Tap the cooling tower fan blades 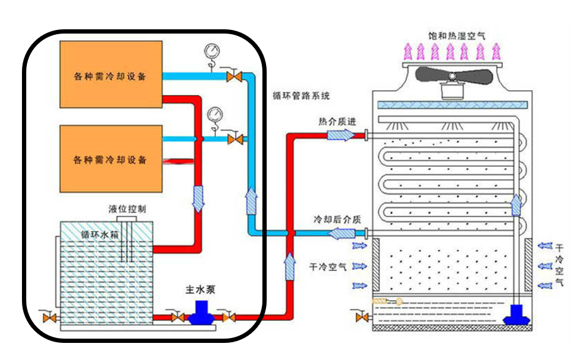click(x=452, y=74)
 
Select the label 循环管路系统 click(x=301, y=95)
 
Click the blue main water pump click(x=200, y=314)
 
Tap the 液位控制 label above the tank click(x=127, y=209)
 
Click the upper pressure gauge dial click(x=212, y=50)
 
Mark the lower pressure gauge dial click(x=215, y=114)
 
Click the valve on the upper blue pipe click(x=233, y=77)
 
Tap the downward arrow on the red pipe click(x=198, y=199)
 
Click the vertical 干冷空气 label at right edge click(x=559, y=265)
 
